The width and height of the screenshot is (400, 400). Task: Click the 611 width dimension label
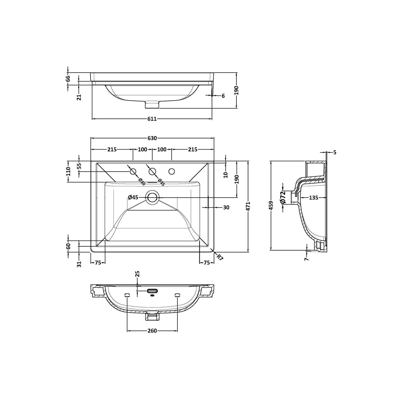point(152,119)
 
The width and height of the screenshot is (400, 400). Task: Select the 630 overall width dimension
point(152,138)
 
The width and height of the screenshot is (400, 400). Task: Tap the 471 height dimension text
point(249,206)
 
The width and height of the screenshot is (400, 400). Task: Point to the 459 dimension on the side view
point(271,205)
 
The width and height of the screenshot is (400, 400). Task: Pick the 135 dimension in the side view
point(313,198)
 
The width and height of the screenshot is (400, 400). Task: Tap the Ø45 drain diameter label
point(133,197)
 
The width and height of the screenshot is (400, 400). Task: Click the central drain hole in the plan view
point(152,197)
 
